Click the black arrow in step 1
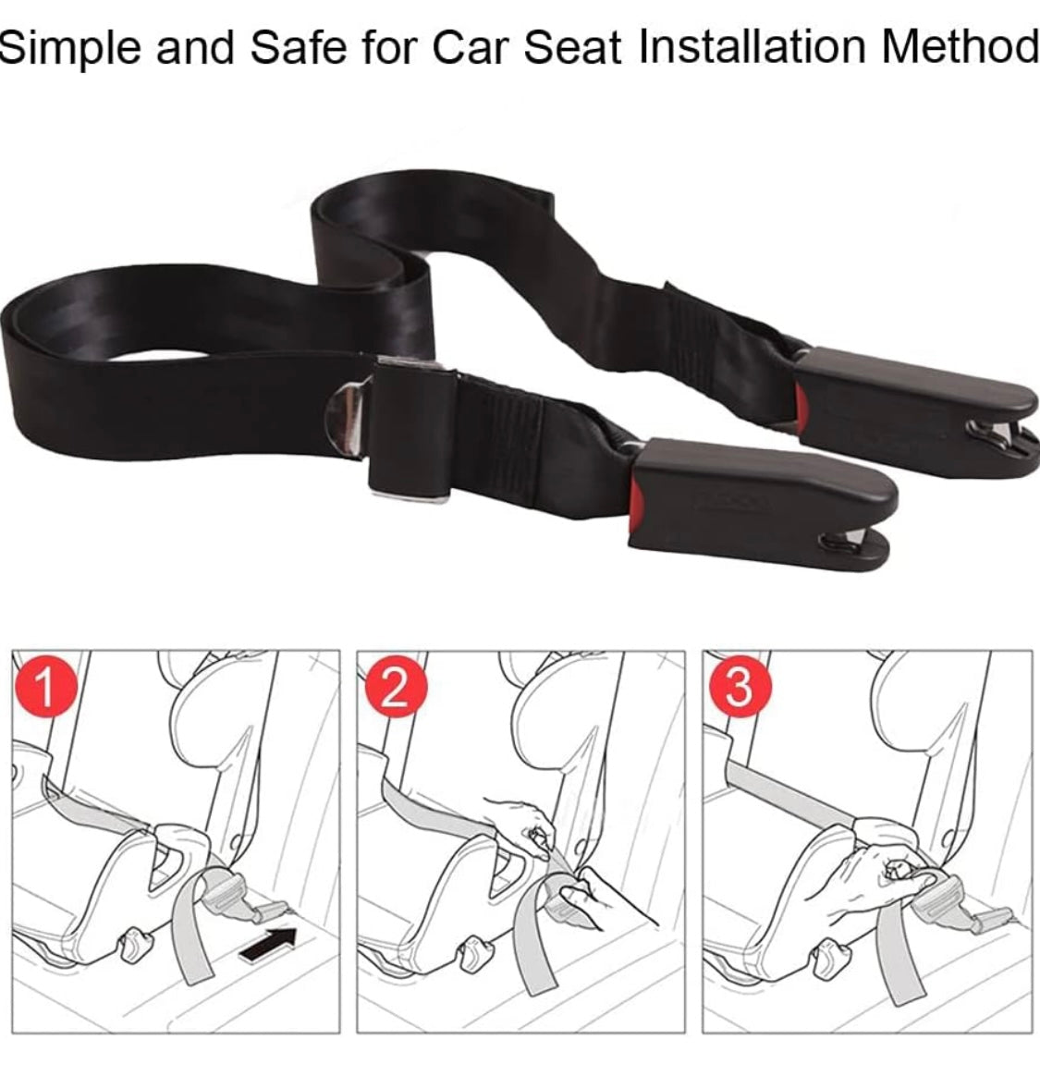click(268, 944)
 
